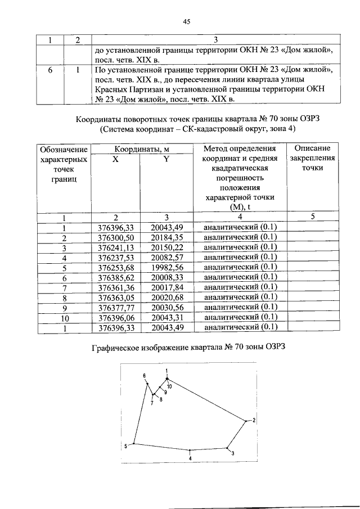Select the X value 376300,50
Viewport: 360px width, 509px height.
coord(115,237)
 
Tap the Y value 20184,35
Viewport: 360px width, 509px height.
coord(166,237)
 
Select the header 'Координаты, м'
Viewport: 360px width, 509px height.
coord(141,149)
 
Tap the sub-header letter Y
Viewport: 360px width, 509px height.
coord(166,159)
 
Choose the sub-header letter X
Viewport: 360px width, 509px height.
coord(115,159)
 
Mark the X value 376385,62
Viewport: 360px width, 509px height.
coord(115,277)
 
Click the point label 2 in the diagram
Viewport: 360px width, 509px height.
coord(254,420)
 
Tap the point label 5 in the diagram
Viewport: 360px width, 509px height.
coord(126,446)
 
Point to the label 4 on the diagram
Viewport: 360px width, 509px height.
coord(190,458)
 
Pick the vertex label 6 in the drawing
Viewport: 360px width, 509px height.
coord(144,376)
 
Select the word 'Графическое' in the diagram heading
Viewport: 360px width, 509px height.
coord(117,346)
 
